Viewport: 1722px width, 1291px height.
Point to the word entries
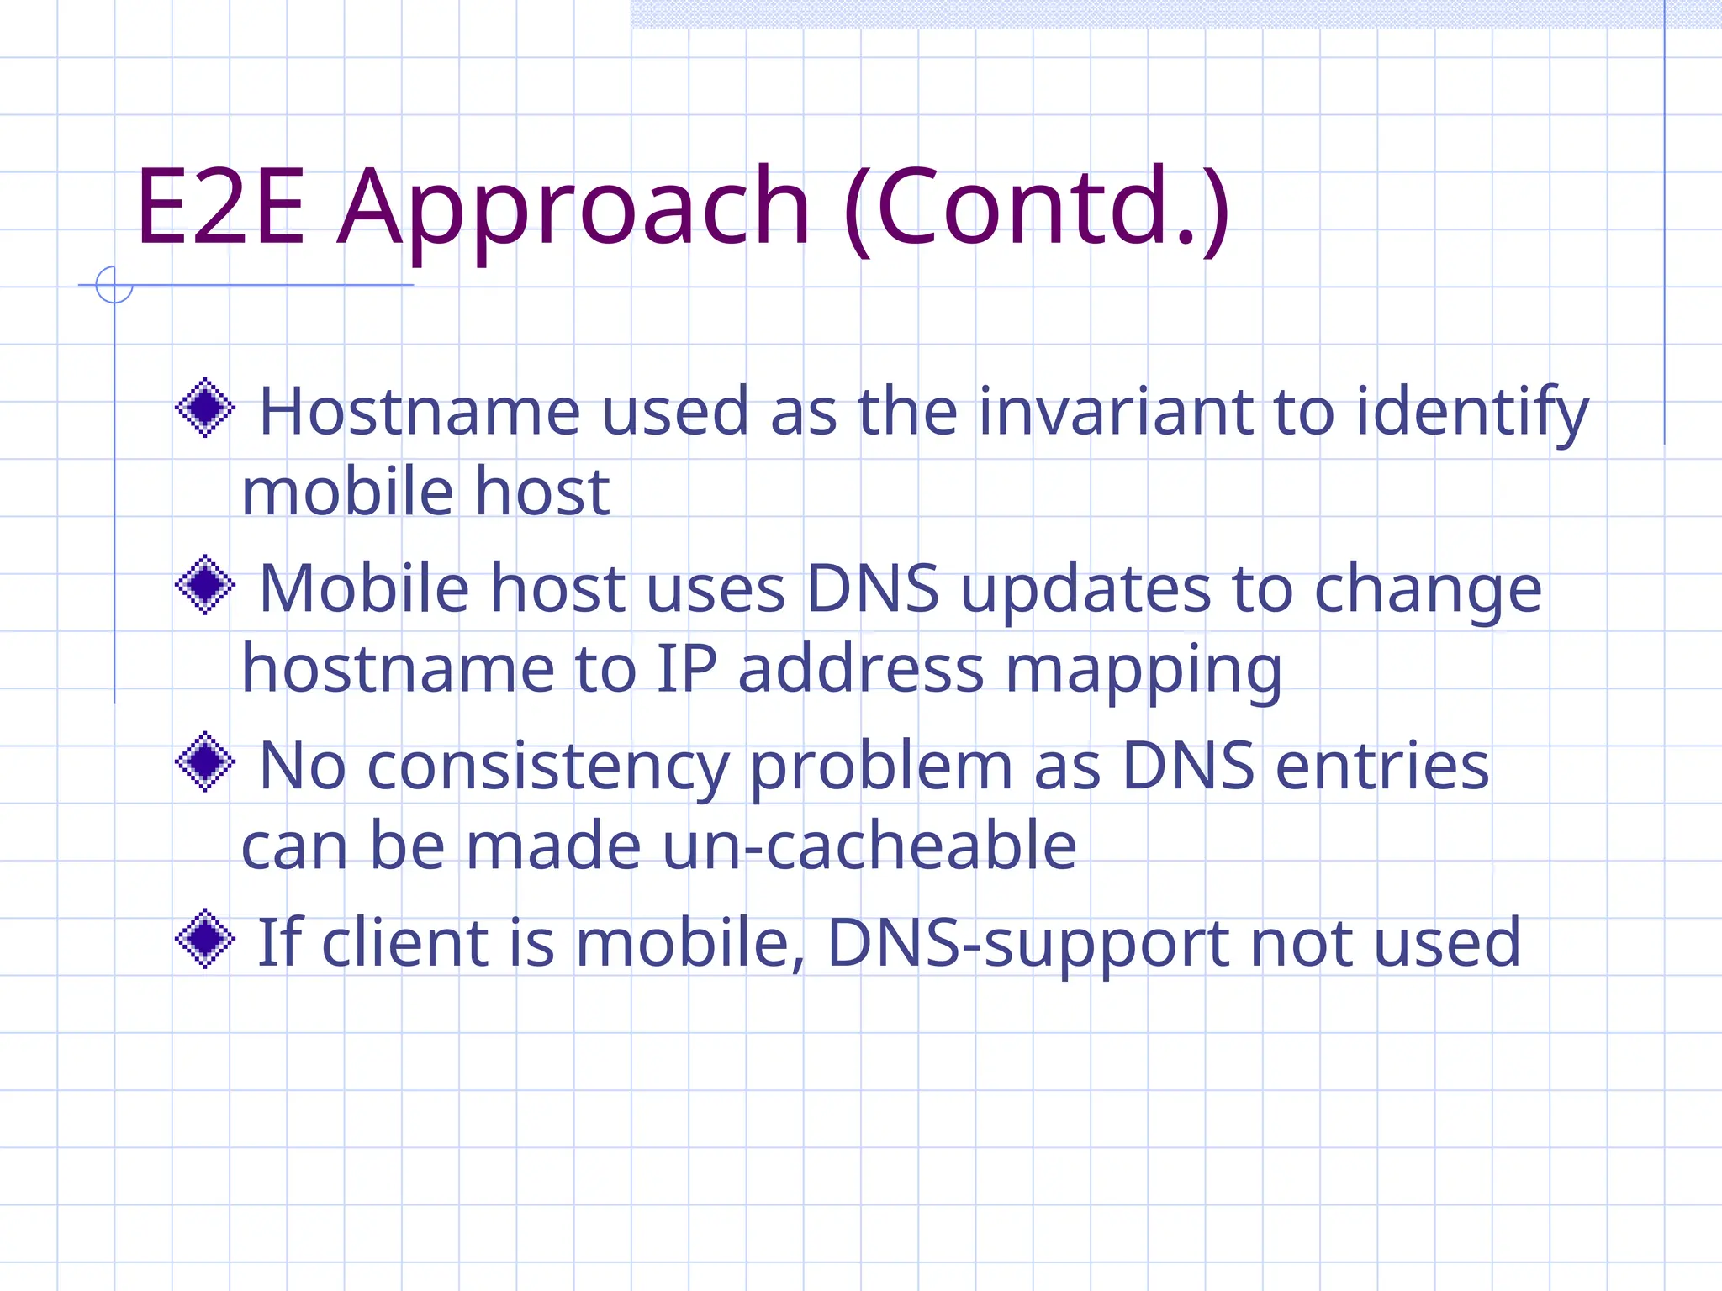coord(1382,767)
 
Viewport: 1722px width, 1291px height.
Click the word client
coord(405,942)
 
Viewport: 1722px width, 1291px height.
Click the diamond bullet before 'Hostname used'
coord(205,408)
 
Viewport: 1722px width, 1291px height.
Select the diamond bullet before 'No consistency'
coord(205,762)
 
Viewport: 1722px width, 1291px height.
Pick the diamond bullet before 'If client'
coord(205,939)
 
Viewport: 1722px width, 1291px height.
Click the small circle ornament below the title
coord(114,285)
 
